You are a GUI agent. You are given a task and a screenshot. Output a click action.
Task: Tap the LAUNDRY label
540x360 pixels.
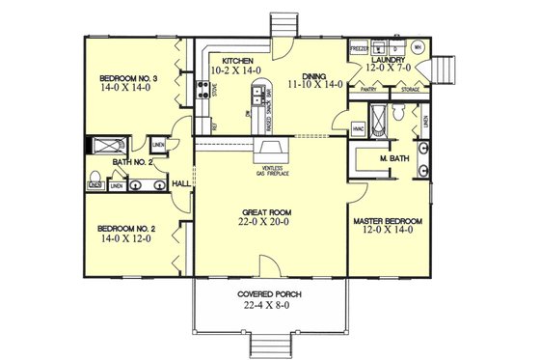390,58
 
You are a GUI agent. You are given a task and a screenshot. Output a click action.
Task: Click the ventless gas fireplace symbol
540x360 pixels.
266,152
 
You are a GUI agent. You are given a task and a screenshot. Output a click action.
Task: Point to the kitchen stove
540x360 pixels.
204,92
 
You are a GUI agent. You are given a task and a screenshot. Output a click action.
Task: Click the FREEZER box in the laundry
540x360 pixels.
359,46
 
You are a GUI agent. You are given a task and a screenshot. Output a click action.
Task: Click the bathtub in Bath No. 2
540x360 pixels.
100,147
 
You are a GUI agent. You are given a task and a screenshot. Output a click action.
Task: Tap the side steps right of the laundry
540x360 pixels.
445,70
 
